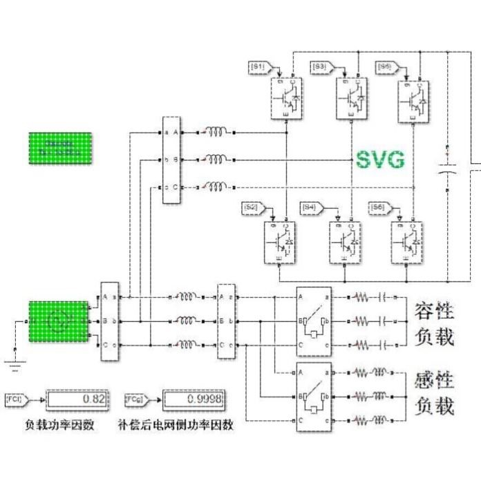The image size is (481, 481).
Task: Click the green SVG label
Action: (380, 160)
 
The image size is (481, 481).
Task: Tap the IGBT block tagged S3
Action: (351, 99)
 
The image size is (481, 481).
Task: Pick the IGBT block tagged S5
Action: (414, 99)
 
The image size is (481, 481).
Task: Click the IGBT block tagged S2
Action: (282, 242)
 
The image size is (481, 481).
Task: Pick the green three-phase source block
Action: (57, 321)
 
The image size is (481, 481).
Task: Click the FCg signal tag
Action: (134, 399)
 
